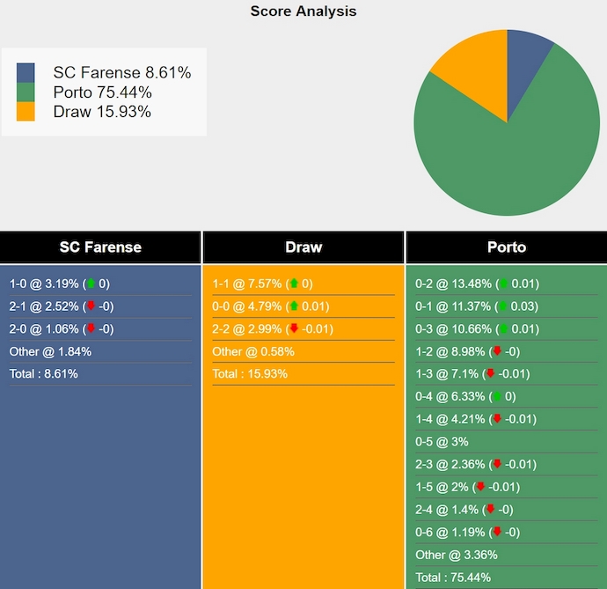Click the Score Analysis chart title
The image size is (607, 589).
pos(303,11)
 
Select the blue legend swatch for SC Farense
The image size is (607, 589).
pos(26,73)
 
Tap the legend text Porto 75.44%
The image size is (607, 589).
pos(102,92)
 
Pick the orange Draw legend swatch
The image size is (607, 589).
pos(26,112)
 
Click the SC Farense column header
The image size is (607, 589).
pos(100,247)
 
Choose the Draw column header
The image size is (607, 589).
pos(303,247)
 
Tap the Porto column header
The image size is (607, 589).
pos(506,247)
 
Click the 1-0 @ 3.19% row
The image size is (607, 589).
pos(60,284)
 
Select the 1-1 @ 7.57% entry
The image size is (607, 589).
pos(262,284)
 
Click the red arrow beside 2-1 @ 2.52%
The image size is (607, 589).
pos(91,306)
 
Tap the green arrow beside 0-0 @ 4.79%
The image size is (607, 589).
pos(293,306)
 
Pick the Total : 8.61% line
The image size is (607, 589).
pos(44,374)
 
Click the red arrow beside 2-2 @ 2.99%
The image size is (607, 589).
pos(293,329)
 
